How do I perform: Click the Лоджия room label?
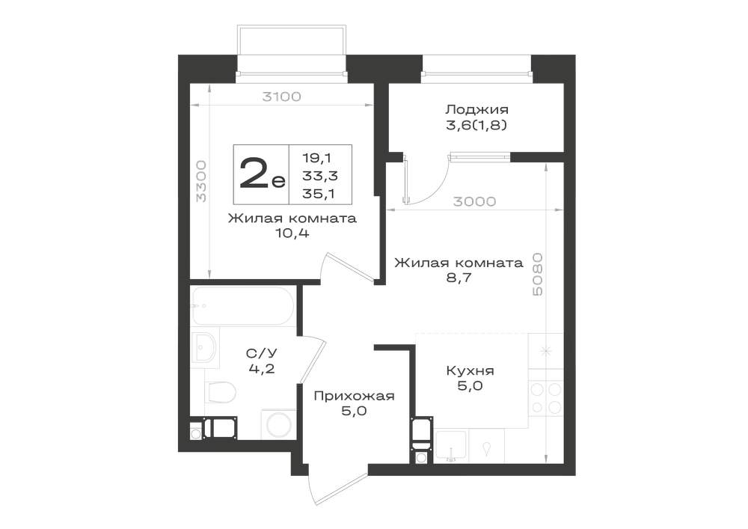click(476, 109)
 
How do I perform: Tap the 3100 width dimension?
click(282, 97)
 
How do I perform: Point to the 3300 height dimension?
click(201, 181)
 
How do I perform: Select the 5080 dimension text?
click(537, 275)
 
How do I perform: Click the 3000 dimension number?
click(474, 201)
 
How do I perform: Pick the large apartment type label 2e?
click(262, 174)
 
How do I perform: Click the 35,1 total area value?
click(319, 193)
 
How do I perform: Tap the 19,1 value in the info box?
click(316, 157)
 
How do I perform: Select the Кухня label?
click(470, 370)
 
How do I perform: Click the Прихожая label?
click(354, 396)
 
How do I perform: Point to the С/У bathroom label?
click(261, 353)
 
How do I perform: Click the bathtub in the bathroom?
click(243, 306)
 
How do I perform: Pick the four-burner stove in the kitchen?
click(546, 398)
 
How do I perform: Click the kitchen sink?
click(451, 447)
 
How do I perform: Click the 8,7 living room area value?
click(459, 277)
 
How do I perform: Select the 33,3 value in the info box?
click(320, 175)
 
